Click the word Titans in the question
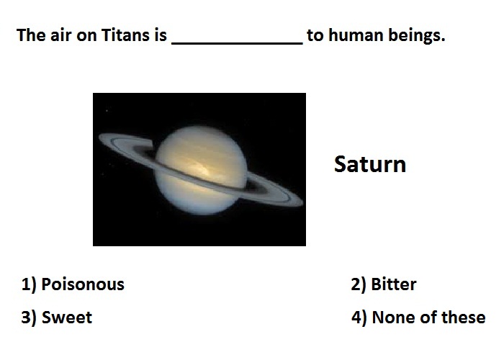coord(126,35)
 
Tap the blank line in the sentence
coord(237,43)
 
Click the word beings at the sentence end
coord(417,35)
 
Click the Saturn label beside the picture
coord(370,164)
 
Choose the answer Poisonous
coord(83,284)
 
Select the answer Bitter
coord(393,284)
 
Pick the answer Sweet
coord(67,318)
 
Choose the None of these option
coord(428,318)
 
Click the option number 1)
coord(29,285)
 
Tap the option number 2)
coord(359,285)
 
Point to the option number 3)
coord(29,318)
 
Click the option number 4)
coord(359,318)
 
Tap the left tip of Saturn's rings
coord(99,138)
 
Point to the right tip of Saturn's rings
coord(302,202)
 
